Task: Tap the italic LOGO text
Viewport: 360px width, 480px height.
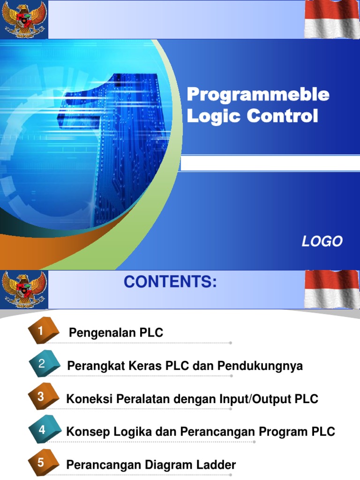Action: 322,241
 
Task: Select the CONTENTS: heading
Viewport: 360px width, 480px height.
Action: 170,282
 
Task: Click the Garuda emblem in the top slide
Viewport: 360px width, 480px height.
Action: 24,19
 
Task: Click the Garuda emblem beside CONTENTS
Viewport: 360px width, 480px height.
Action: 24,289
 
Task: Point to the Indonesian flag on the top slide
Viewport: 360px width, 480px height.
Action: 332,19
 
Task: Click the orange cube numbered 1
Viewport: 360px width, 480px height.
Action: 43,332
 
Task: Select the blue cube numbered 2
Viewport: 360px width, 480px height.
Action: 44,364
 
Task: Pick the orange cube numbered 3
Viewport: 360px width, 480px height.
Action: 43,397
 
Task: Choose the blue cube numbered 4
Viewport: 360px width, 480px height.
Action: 44,430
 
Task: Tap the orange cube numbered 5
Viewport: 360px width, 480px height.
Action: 43,463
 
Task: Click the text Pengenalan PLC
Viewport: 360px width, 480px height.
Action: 116,333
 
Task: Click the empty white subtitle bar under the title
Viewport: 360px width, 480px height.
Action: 270,163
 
